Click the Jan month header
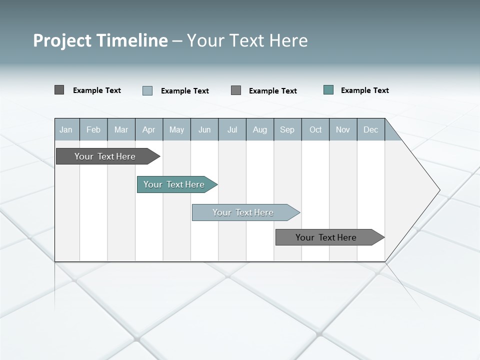tap(66, 129)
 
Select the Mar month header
tap(121, 129)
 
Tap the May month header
tap(176, 129)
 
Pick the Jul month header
tap(232, 129)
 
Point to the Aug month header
tap(260, 129)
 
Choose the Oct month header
tap(315, 129)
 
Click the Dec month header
tap(370, 129)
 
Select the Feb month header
tap(93, 129)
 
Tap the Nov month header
tap(343, 129)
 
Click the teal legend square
tap(328, 90)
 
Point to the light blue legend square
tap(147, 90)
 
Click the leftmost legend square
tap(59, 90)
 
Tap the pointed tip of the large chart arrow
tap(438, 190)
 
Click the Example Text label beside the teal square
tap(364, 90)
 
